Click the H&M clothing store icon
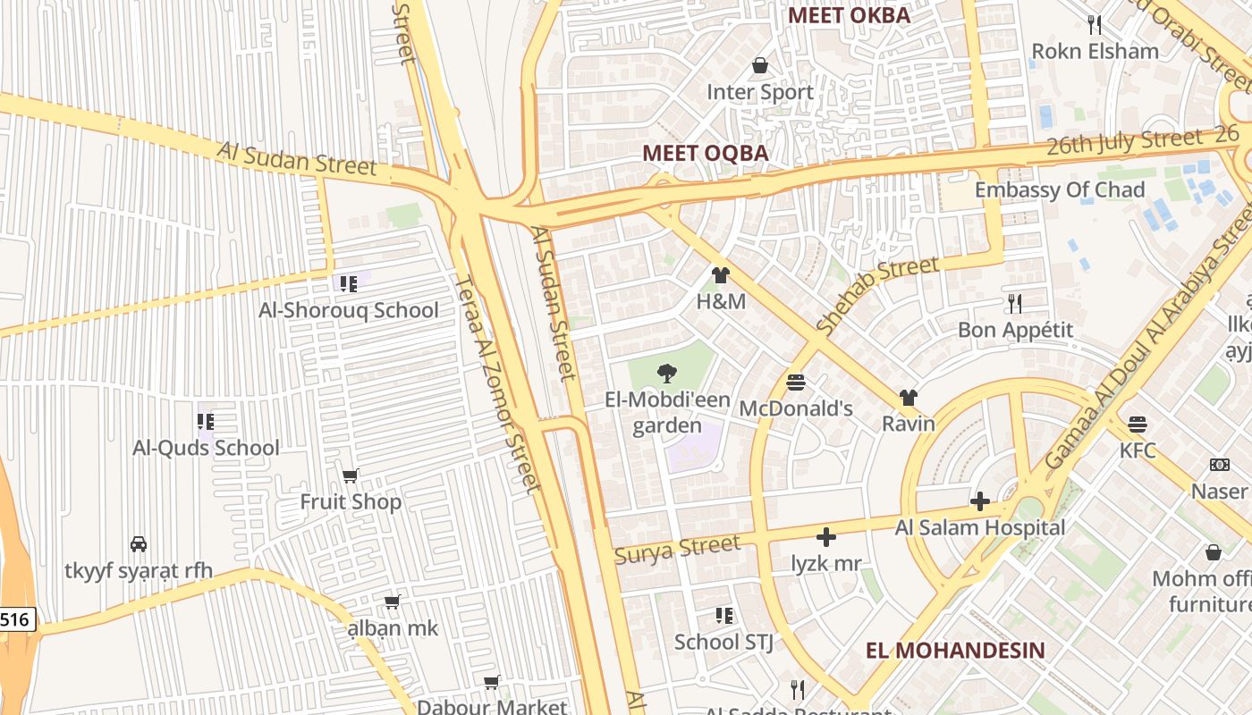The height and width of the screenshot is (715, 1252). (720, 275)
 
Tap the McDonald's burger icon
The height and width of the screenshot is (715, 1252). (796, 383)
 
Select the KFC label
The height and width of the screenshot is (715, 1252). (1138, 450)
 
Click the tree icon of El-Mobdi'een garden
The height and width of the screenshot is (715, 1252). (666, 374)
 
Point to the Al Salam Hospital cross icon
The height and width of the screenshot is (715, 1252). (980, 501)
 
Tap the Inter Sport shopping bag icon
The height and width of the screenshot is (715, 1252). (760, 65)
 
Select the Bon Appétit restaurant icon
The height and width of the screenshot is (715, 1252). (1014, 304)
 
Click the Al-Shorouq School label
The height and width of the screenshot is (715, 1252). (349, 310)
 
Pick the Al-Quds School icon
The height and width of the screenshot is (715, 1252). (206, 421)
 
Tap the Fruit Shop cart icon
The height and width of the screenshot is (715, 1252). (351, 475)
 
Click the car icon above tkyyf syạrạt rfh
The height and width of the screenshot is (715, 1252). (139, 543)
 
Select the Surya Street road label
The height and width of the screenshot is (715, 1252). (678, 548)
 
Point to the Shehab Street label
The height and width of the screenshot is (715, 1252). (877, 294)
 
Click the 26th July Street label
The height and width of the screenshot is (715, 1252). (1124, 141)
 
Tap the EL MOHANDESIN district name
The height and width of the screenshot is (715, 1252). (955, 650)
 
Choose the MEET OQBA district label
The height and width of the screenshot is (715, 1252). (705, 153)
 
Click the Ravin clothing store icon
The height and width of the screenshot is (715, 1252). (909, 398)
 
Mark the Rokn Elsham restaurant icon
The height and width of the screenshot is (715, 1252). (1094, 24)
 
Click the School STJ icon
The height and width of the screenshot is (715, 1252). (723, 616)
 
